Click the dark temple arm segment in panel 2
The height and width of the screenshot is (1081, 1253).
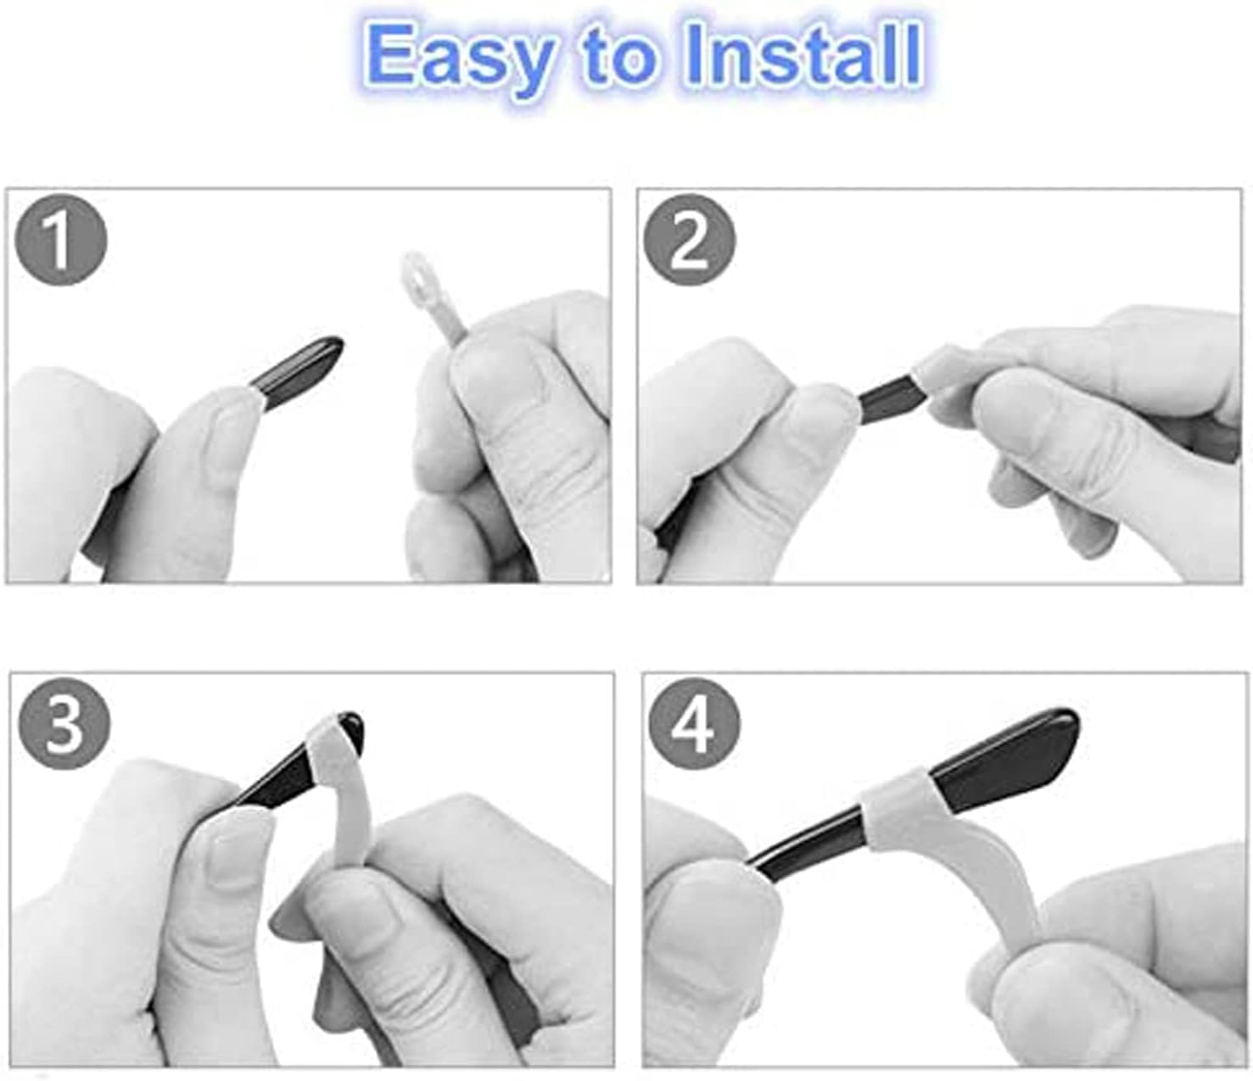click(890, 397)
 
